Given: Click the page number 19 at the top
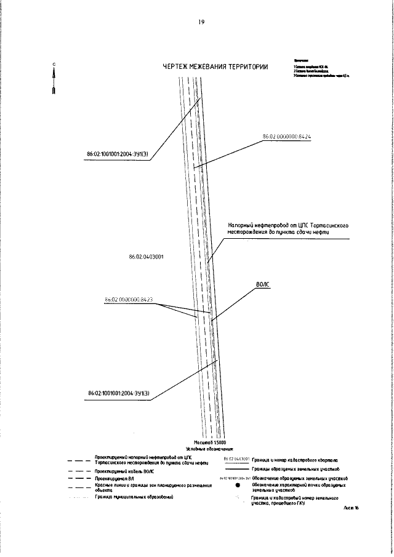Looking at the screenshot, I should click(201, 23).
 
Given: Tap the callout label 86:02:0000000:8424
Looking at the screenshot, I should click(287, 137).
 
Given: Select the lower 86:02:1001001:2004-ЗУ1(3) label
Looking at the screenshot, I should click(119, 393).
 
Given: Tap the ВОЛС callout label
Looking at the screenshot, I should click(263, 285).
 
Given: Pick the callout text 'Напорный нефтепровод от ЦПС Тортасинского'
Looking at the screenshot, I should click(289, 226).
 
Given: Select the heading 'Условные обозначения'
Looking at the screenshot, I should click(210, 449).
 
